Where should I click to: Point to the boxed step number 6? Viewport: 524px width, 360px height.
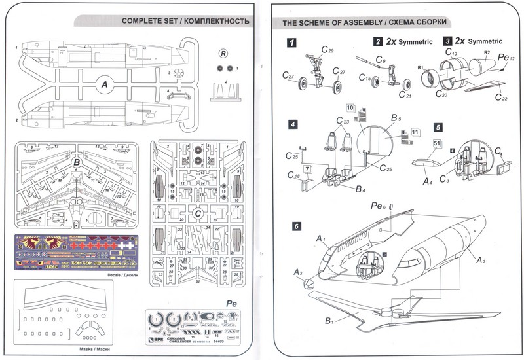point(297,226)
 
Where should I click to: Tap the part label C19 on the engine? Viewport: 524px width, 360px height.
point(451,53)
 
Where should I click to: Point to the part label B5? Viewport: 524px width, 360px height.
point(396,118)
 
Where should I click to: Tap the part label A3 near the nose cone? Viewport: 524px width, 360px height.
point(298,272)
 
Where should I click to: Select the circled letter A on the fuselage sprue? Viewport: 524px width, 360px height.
point(103,83)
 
